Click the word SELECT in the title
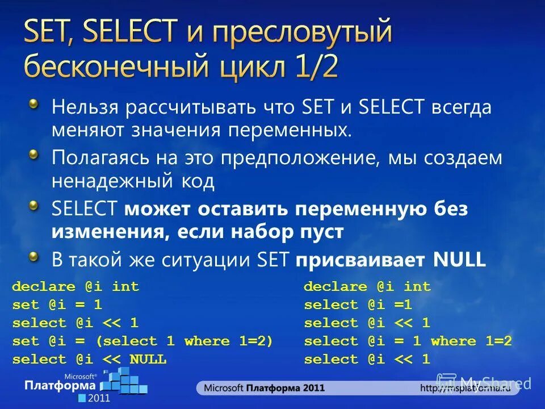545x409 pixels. tap(130, 32)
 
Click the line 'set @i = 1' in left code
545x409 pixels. tap(57, 305)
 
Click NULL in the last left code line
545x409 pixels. tap(148, 360)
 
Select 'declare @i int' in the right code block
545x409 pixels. tap(367, 287)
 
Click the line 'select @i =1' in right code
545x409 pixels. tap(358, 305)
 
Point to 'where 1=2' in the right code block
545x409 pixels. tap(471, 341)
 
